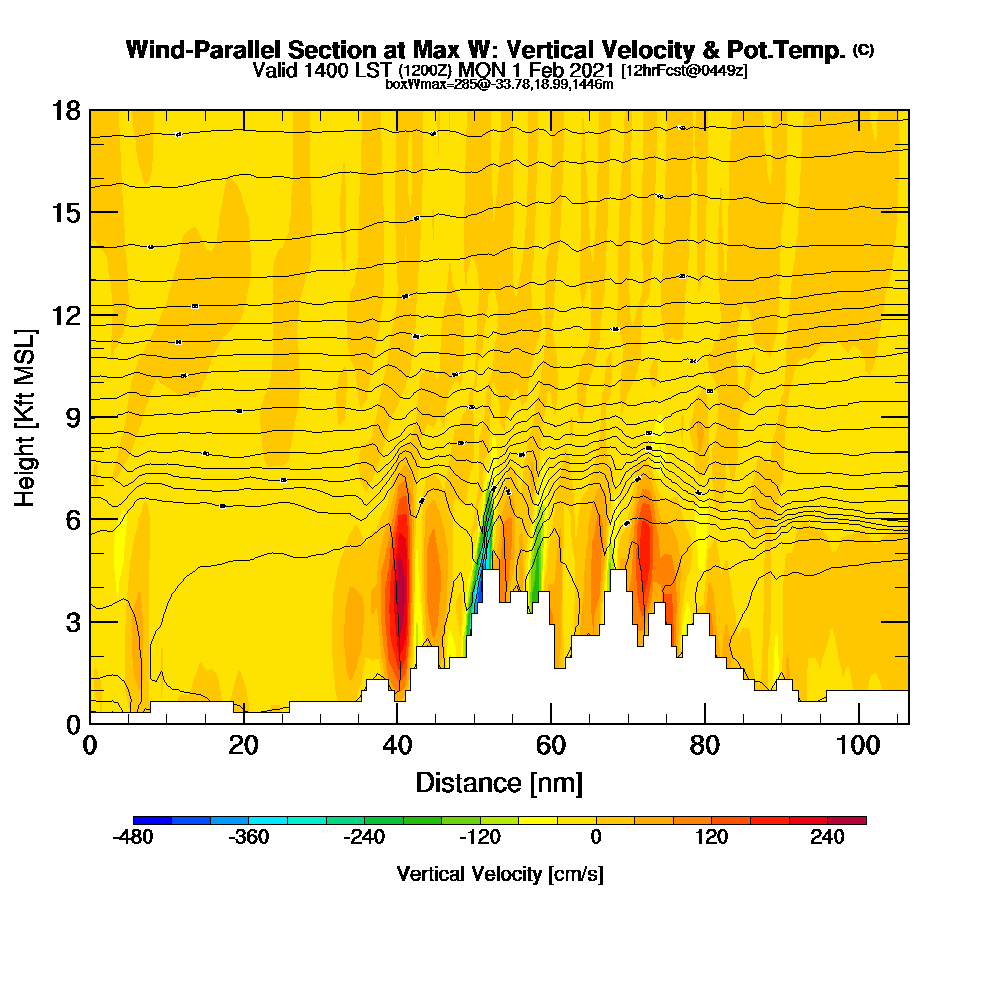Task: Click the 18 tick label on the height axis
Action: pyautogui.click(x=66, y=110)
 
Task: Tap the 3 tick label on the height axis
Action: pyautogui.click(x=72, y=621)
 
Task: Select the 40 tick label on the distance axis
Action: pyautogui.click(x=397, y=746)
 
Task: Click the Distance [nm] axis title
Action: pyautogui.click(x=499, y=782)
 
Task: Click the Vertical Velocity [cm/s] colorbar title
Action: pyautogui.click(x=499, y=874)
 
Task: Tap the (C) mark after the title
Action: pyautogui.click(x=863, y=50)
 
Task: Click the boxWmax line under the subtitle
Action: pyautogui.click(x=499, y=84)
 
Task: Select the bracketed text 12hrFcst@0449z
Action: pyautogui.click(x=684, y=71)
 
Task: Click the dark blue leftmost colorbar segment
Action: pyautogui.click(x=152, y=820)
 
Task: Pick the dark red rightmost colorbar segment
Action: pyautogui.click(x=847, y=820)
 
